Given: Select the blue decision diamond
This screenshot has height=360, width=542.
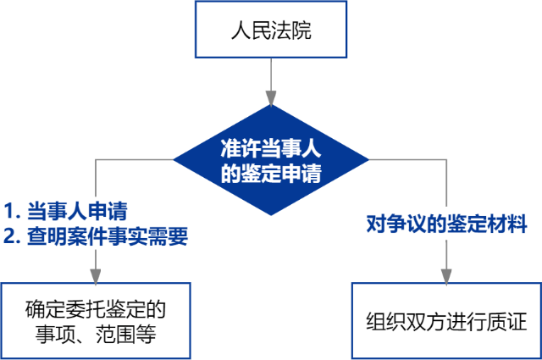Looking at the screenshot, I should (271, 160).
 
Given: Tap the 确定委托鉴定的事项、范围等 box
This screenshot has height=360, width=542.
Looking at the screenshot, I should (95, 320).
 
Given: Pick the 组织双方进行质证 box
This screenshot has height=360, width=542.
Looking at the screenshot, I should (446, 320).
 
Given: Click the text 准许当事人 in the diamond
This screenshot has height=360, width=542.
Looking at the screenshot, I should (271, 146).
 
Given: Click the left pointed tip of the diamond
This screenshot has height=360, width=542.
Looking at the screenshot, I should (175, 160).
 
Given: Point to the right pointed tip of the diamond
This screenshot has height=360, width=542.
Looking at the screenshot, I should (368, 160).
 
